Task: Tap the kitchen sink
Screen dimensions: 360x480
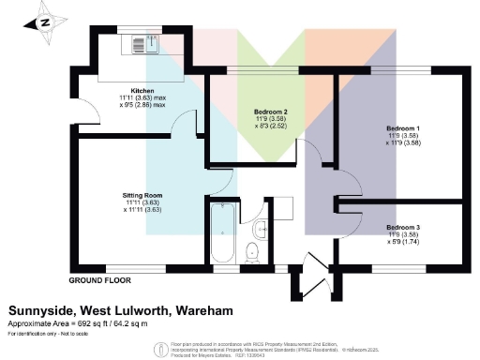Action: coord(142,41)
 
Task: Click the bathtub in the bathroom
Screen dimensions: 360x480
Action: coord(221,233)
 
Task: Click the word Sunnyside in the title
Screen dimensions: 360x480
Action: coord(40,310)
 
